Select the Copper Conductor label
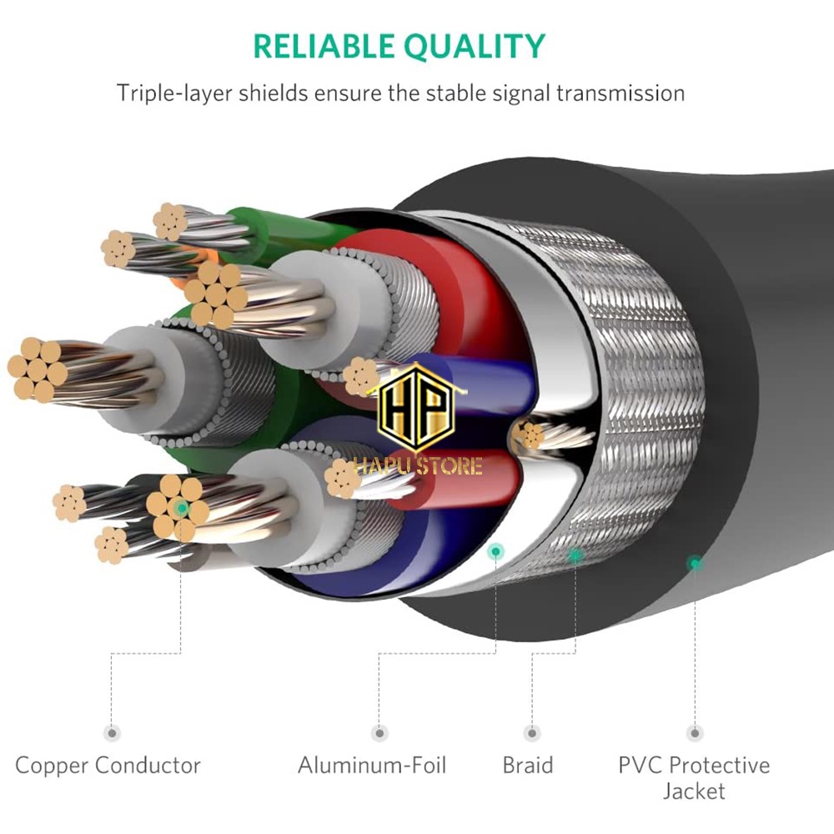(x=108, y=765)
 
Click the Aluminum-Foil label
(x=372, y=765)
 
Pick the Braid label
(x=527, y=765)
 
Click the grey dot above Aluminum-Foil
(x=380, y=733)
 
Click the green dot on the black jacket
(x=694, y=563)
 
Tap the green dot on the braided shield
(x=575, y=554)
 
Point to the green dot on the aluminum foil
(x=496, y=550)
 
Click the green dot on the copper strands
(x=180, y=506)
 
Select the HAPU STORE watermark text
(x=417, y=465)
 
